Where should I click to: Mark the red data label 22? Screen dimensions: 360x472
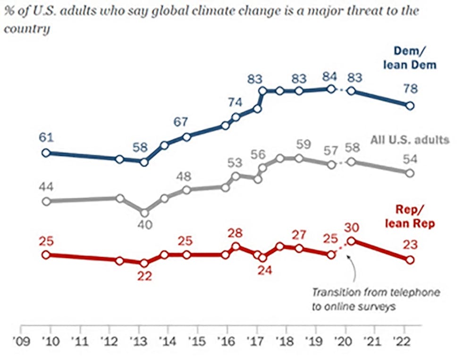[144, 276]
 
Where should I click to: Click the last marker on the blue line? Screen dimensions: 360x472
[410, 106]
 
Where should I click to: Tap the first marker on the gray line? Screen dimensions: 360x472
[46, 201]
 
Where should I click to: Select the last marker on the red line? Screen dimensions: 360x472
[410, 260]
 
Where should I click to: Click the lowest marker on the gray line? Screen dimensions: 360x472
[144, 213]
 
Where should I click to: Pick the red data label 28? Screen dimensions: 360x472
[235, 232]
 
